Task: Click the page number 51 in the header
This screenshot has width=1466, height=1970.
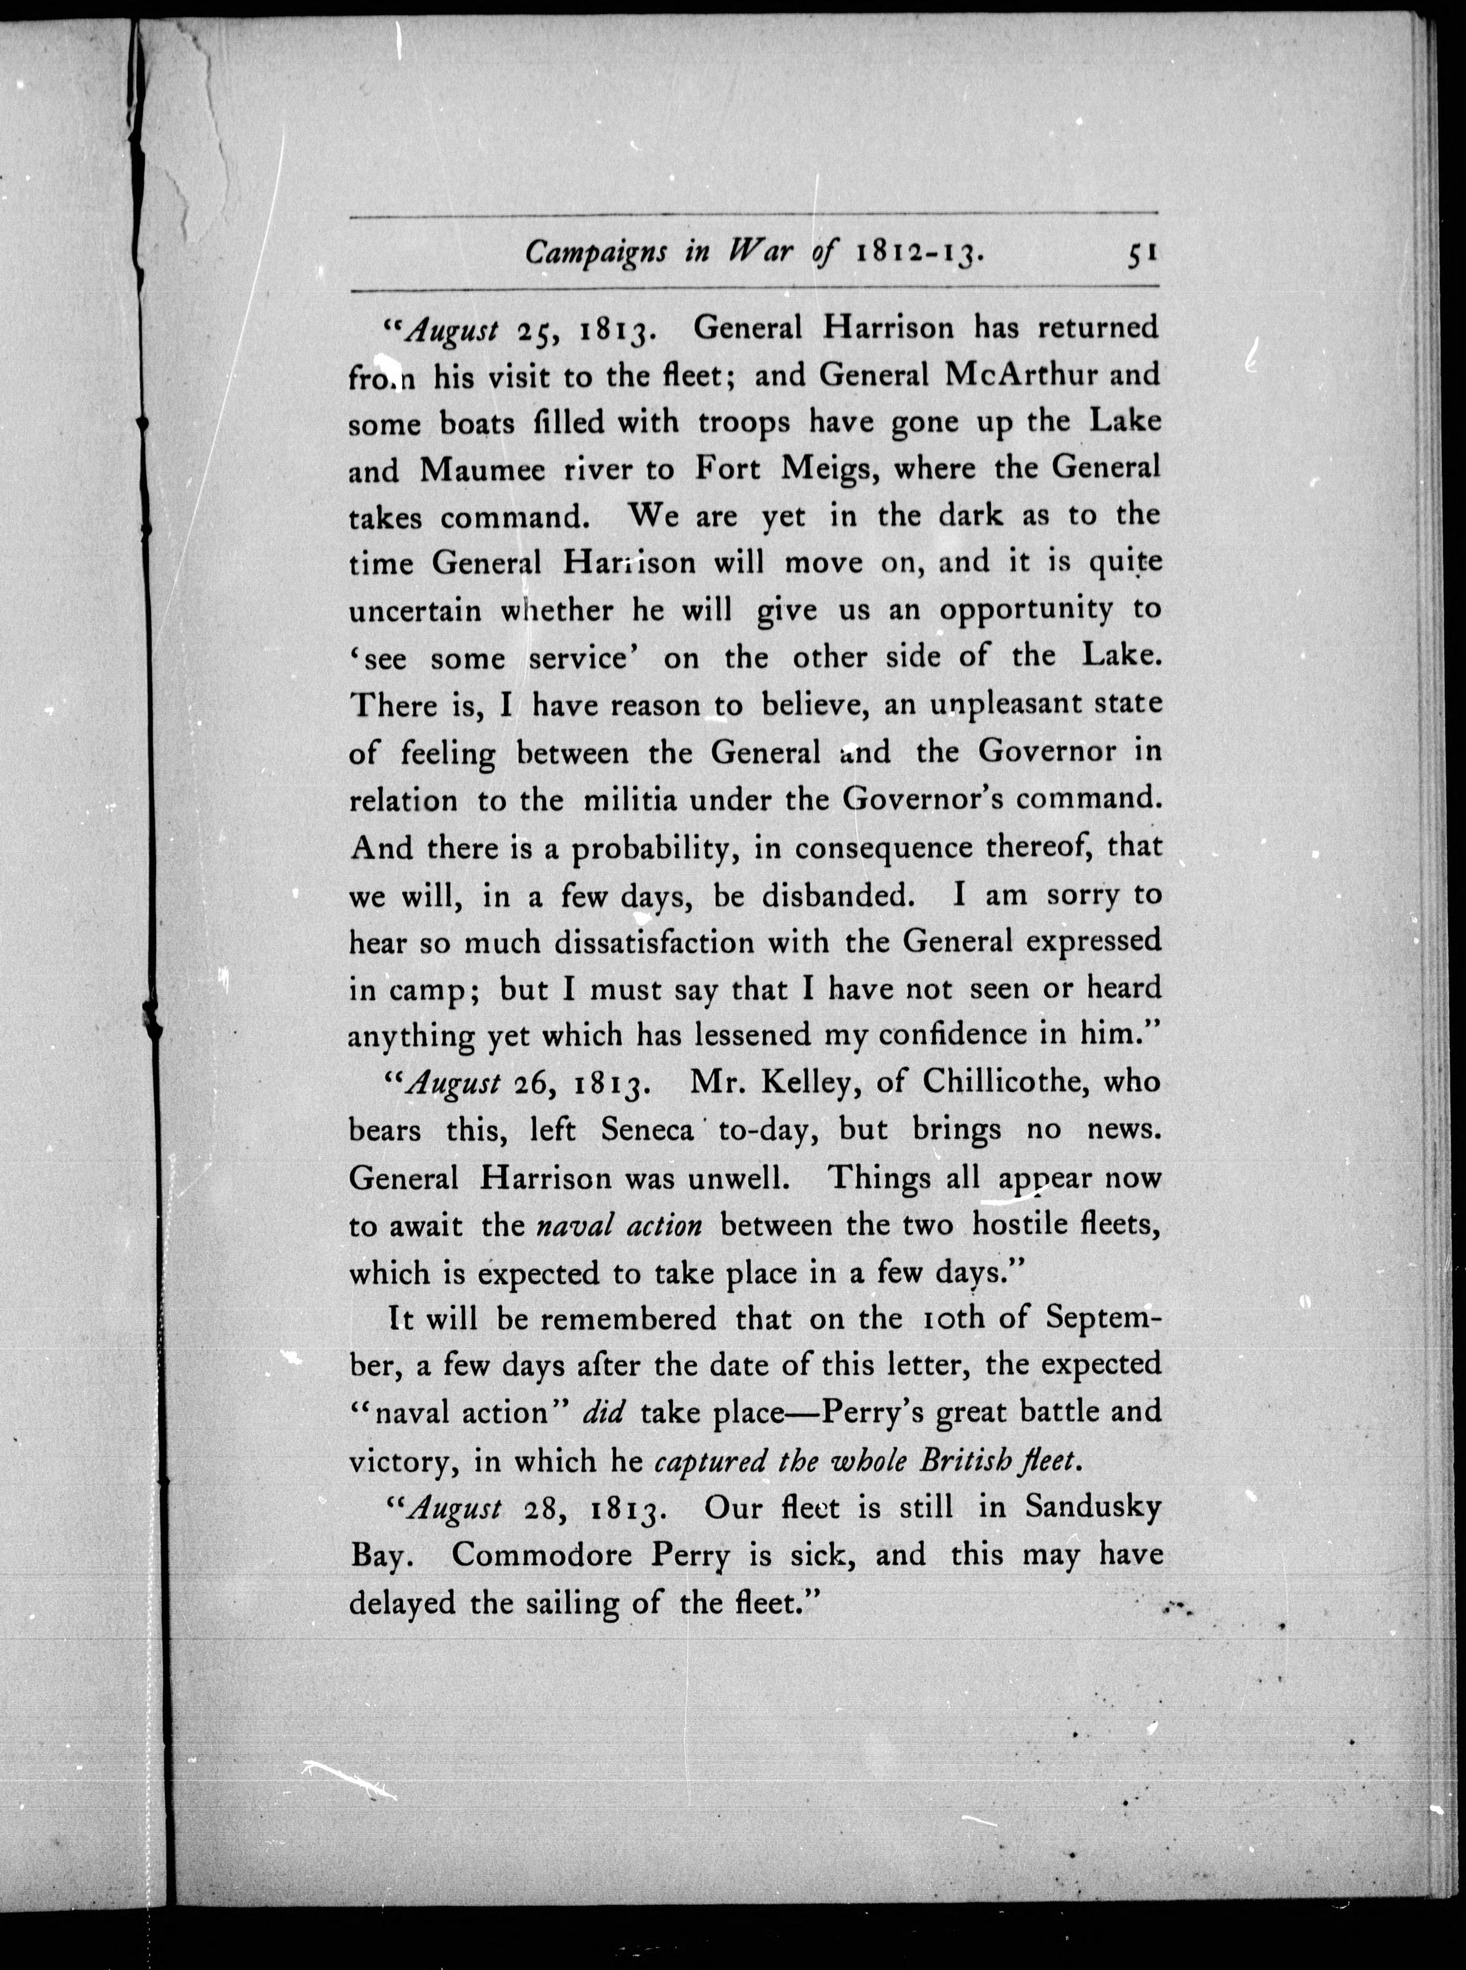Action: click(x=1140, y=253)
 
